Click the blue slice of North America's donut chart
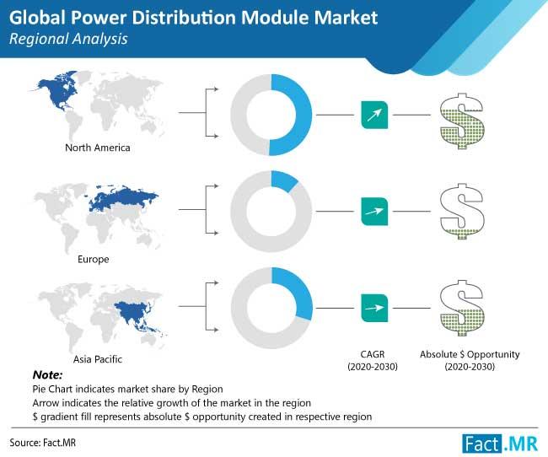[x=304, y=116]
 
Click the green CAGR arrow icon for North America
[x=374, y=115]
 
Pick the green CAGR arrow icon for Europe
[x=374, y=212]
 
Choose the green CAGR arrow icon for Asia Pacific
[x=374, y=308]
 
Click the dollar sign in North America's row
[x=462, y=121]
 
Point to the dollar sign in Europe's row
[x=462, y=211]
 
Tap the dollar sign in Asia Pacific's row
[x=462, y=308]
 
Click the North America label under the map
[x=98, y=148]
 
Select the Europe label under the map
[x=94, y=259]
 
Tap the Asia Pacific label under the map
[x=98, y=359]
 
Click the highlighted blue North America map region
[x=56, y=91]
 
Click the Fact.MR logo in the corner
[x=500, y=444]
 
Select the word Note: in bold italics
[x=47, y=375]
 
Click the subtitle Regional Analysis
[x=68, y=39]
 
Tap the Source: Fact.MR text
[x=43, y=443]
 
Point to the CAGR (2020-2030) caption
[x=373, y=361]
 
